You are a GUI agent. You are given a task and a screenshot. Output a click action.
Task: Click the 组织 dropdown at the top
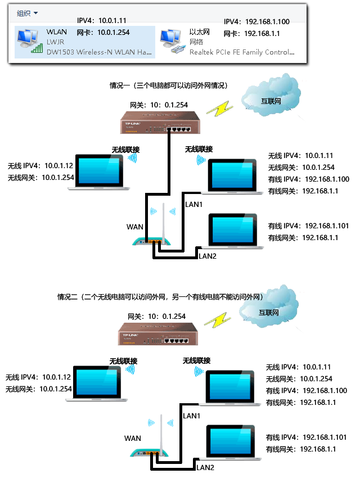(x=27, y=13)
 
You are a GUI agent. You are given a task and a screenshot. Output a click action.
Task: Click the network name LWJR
(x=56, y=42)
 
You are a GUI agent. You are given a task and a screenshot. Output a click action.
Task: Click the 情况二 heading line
(x=160, y=296)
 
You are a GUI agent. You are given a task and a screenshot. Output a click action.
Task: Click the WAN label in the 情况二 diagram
(x=133, y=438)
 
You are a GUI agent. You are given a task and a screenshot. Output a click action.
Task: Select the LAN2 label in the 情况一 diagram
(x=206, y=256)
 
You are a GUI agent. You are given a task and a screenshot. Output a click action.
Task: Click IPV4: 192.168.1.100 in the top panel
(x=256, y=22)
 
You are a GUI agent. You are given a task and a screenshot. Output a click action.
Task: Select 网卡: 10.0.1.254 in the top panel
(x=107, y=33)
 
